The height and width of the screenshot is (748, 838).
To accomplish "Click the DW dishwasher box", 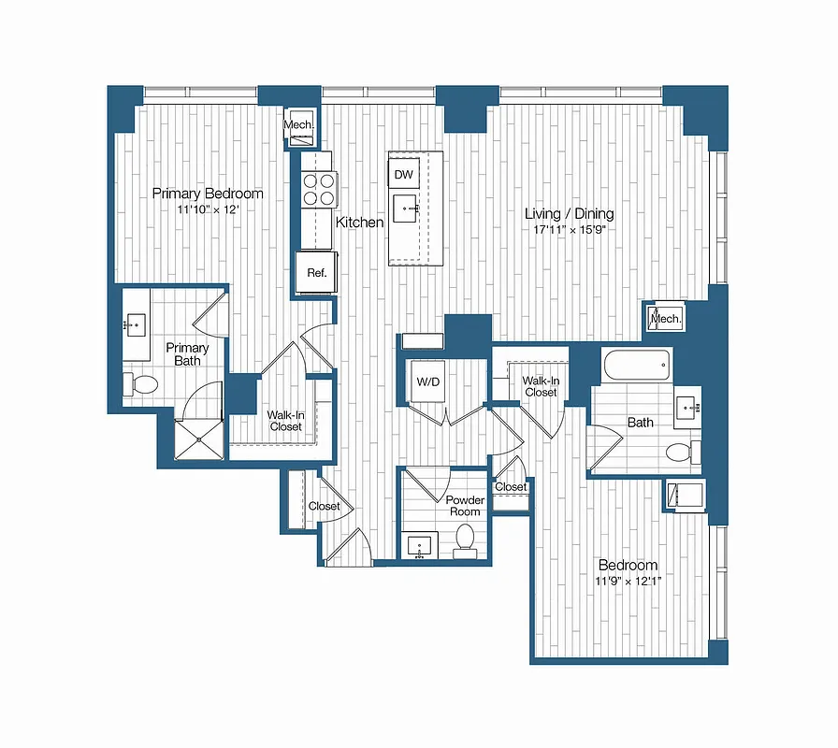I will click(x=404, y=175).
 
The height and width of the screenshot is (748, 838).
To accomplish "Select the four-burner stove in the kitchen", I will click(x=319, y=190).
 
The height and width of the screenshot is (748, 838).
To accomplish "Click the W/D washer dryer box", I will click(x=428, y=382).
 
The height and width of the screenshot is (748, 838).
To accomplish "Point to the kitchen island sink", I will click(x=406, y=210).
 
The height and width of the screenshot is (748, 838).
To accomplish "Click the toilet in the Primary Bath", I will click(x=142, y=383).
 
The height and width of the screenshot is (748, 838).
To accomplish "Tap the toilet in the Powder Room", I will click(x=465, y=540).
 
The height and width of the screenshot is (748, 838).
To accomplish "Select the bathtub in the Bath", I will click(x=636, y=365).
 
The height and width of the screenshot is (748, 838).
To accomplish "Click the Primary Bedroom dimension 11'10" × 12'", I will click(x=208, y=209).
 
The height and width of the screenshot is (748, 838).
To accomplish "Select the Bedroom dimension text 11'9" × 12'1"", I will click(x=628, y=582).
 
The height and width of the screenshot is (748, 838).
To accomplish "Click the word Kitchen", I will click(x=360, y=223).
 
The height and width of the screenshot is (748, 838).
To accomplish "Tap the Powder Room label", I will click(x=464, y=506).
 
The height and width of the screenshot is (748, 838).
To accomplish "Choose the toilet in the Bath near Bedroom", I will click(x=681, y=453).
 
